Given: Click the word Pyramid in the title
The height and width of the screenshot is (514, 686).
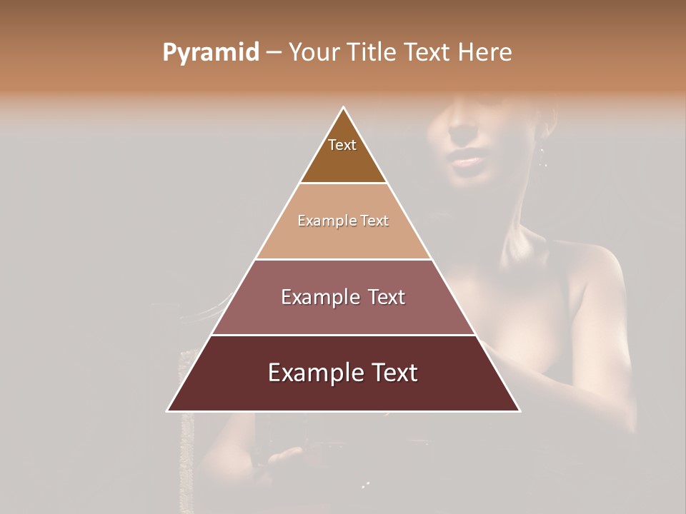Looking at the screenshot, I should coord(211,53).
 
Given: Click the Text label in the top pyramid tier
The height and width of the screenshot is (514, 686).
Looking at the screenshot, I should coord(342,145).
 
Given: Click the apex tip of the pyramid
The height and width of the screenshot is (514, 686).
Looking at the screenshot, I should coord(344,108).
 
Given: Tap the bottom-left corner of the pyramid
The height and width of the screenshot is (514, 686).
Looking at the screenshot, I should coord(168,410).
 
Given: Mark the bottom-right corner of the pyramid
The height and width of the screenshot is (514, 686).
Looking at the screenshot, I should coord(520,410).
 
